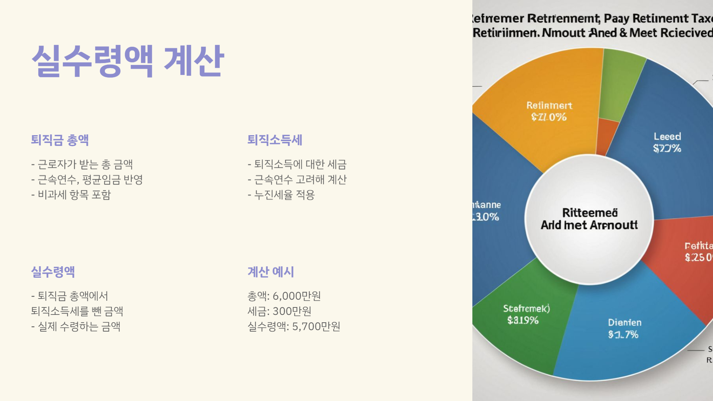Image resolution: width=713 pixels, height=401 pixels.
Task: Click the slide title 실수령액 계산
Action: (x=128, y=61)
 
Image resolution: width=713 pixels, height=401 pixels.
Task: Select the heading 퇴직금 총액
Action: (x=60, y=140)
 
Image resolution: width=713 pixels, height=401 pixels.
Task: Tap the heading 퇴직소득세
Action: (x=275, y=140)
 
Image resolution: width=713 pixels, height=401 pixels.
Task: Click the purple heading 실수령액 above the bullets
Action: (x=53, y=272)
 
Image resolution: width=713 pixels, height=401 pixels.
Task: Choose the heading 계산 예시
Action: (x=271, y=272)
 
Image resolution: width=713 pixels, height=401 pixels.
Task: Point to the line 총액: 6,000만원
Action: (x=284, y=296)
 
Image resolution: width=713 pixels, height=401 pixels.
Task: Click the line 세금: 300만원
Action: (x=279, y=311)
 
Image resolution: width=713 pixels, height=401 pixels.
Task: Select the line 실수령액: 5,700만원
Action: (x=294, y=326)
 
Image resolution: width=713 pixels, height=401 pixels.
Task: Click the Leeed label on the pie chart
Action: (x=667, y=137)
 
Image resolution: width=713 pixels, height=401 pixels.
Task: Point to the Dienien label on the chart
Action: (x=625, y=323)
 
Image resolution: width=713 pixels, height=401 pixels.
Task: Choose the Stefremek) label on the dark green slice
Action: (x=526, y=309)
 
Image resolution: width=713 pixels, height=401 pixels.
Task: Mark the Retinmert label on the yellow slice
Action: (x=549, y=106)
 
